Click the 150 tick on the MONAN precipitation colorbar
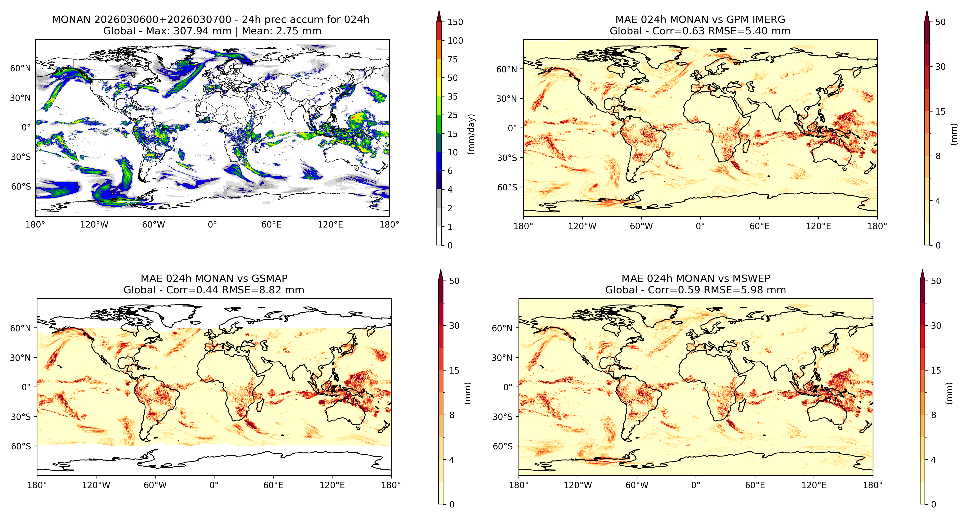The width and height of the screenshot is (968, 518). pos(455,22)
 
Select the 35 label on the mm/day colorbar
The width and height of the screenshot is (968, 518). pos(453,97)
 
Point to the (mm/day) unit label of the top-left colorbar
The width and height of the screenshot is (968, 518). pos(471,134)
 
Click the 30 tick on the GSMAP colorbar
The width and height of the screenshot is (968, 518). pos(454,326)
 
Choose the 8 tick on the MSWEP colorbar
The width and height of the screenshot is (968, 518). pos(933,415)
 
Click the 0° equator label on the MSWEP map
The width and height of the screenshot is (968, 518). pos(508,387)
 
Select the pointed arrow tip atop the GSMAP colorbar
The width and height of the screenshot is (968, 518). pos(441,270)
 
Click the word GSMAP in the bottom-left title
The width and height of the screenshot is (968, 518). pos(270,279)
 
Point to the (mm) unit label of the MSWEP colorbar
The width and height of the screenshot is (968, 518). pos(949,393)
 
